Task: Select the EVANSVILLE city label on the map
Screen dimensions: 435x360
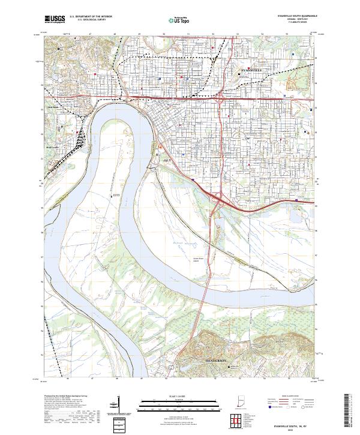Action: coord(248,70)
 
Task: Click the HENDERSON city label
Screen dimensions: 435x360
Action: coord(214,362)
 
